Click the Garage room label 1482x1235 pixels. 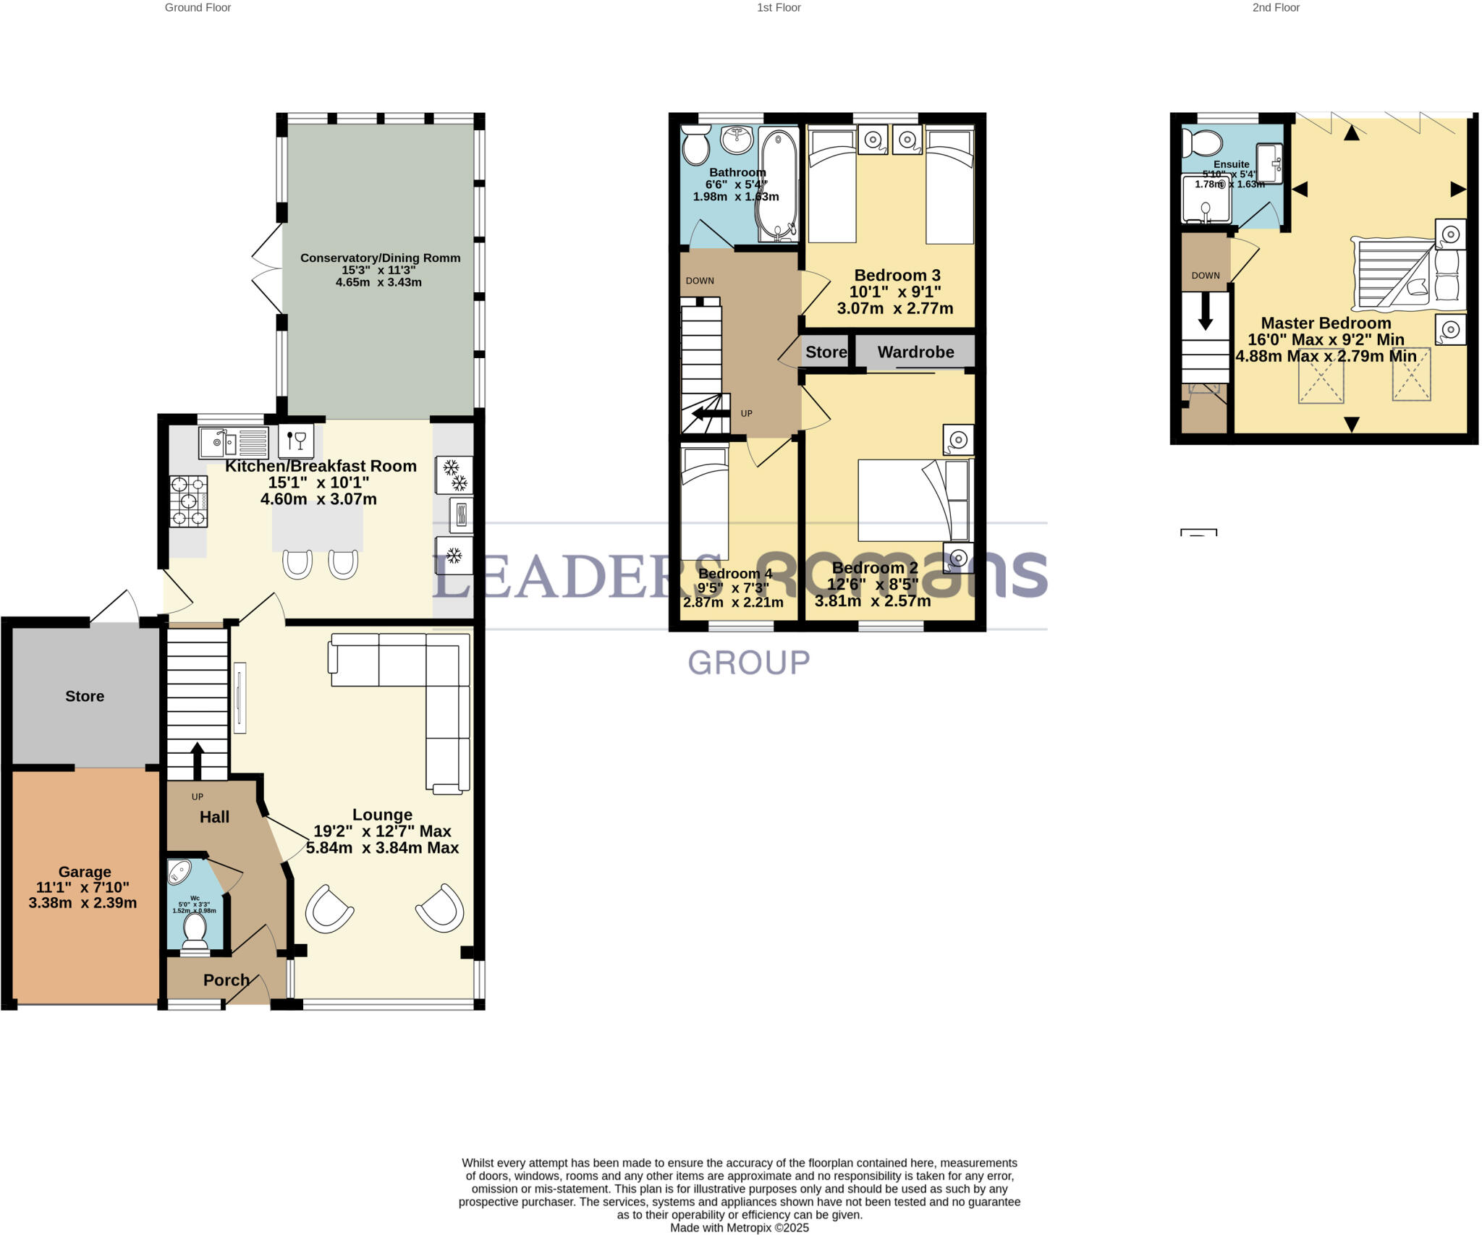85,872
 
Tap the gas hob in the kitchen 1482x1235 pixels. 189,501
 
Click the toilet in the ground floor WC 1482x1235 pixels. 195,930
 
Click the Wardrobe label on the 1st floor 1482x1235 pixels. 915,352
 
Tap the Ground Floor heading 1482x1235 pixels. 198,8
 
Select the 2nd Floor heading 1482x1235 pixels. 1276,8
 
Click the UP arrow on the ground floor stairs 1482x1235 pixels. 197,760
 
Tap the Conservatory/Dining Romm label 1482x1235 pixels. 380,258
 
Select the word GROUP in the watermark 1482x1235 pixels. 748,663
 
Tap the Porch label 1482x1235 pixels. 226,980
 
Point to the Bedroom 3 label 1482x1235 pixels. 897,276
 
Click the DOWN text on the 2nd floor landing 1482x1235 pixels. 1206,276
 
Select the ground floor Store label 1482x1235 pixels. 85,696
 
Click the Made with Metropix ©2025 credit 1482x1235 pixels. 739,1228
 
